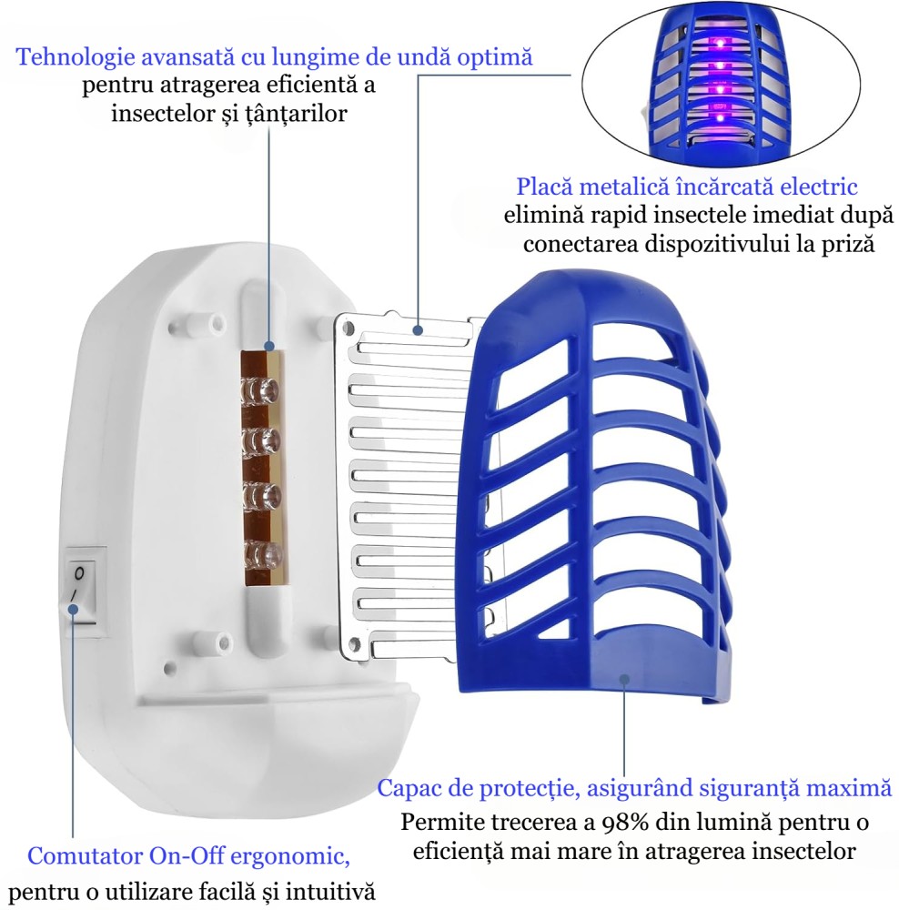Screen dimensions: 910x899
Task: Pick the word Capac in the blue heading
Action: pyautogui.click(x=408, y=788)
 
